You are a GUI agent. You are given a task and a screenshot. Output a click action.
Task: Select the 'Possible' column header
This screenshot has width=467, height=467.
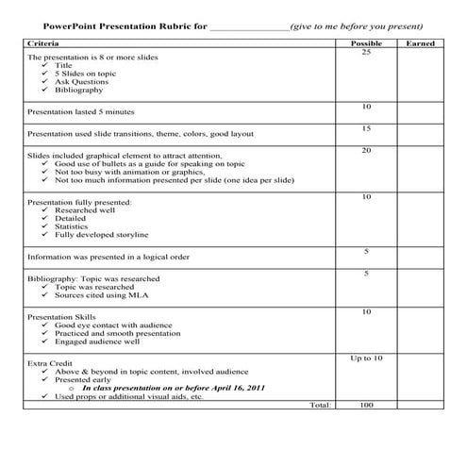coord(366,44)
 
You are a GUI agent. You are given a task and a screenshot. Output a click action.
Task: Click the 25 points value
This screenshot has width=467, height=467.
coord(366,53)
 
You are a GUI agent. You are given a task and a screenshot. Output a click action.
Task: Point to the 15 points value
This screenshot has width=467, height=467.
coord(366,127)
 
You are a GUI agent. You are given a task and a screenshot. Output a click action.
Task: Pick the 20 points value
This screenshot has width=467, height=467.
coord(366,151)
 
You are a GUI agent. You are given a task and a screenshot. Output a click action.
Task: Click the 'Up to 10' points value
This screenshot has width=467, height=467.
coord(366,359)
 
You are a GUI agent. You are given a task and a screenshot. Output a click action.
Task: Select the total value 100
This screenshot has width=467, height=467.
coord(366,405)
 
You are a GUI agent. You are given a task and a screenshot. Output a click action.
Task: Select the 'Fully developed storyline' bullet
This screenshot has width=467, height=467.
coord(102,235)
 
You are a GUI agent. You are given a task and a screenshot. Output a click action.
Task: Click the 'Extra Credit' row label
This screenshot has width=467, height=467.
coord(48,362)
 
